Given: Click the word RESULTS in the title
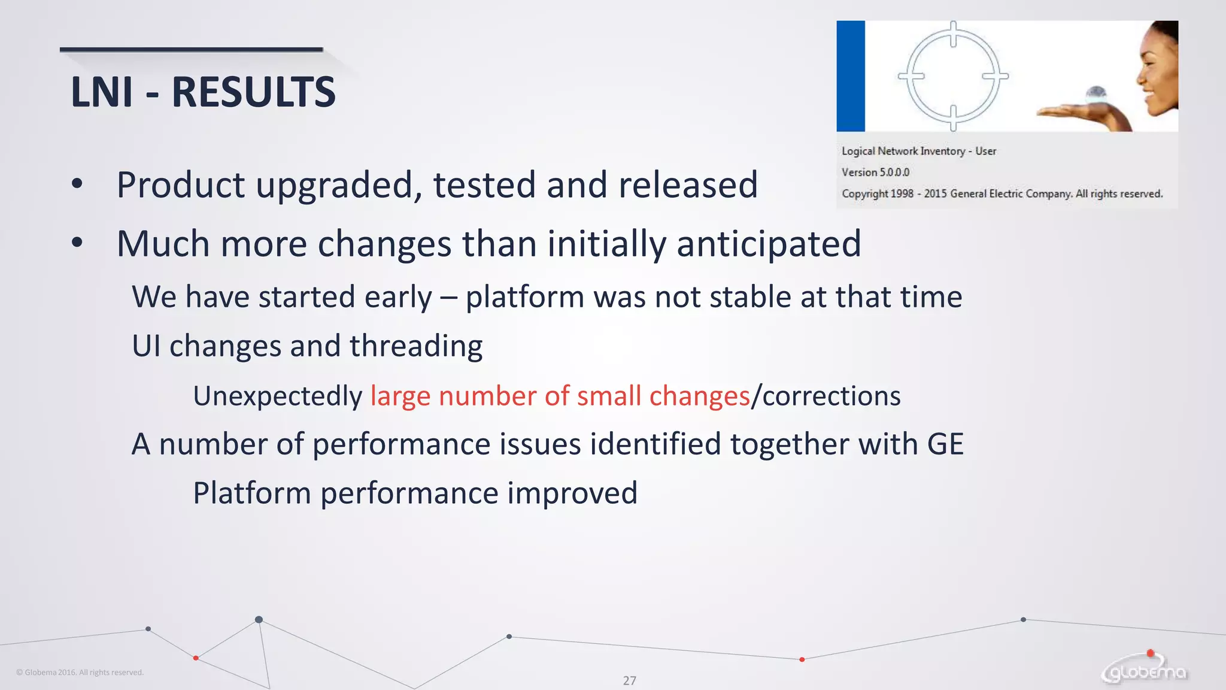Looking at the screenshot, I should coord(253,92).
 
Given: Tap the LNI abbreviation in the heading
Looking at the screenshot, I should coord(102,92).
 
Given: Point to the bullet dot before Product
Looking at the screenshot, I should coord(77,184).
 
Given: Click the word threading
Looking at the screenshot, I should coord(416,346).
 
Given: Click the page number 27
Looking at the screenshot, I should coord(629,680).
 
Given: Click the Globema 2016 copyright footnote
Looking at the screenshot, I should coord(80,673).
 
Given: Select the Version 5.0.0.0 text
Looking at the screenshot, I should coord(875,172).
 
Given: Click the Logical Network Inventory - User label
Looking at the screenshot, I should coord(918,152).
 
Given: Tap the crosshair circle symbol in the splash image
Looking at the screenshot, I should coord(953,76).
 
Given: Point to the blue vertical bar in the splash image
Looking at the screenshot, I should coord(851,76).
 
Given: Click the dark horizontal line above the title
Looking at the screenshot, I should coord(191,50).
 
